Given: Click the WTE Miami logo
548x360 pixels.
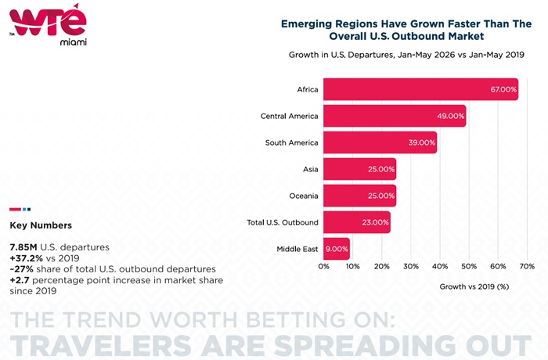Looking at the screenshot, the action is pos(49,24).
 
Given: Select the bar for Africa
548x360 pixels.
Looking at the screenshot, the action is pos(421,89).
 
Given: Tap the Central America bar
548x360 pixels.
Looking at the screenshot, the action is pos(395,116).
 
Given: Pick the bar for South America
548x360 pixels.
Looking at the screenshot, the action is pos(380,142).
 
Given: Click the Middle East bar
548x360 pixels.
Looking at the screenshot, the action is pos(337,249).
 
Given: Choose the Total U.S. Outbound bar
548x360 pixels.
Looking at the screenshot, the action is pos(357,222).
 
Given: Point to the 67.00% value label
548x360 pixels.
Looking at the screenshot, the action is pos(503,89).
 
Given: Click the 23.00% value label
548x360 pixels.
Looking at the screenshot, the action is pos(375,222).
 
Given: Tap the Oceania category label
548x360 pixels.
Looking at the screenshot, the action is pos(304,196).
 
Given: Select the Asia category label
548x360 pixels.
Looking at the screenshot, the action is pos(310,169).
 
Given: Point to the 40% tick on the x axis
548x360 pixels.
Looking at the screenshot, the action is pos(440,266).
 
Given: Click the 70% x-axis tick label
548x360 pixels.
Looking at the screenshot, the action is pos(527,266).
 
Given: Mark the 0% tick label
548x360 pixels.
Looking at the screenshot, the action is pos(323,266).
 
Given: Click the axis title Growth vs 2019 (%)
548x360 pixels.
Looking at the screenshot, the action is pos(474,286).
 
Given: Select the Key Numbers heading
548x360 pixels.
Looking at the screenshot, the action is pos(41,225).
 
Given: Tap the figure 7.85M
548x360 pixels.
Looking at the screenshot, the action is pos(23,247).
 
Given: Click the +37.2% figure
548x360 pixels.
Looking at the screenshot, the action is pos(26,258).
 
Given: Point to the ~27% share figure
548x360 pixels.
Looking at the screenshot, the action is pos(21,269).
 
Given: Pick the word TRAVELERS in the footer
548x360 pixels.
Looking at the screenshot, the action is pos(101,345).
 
